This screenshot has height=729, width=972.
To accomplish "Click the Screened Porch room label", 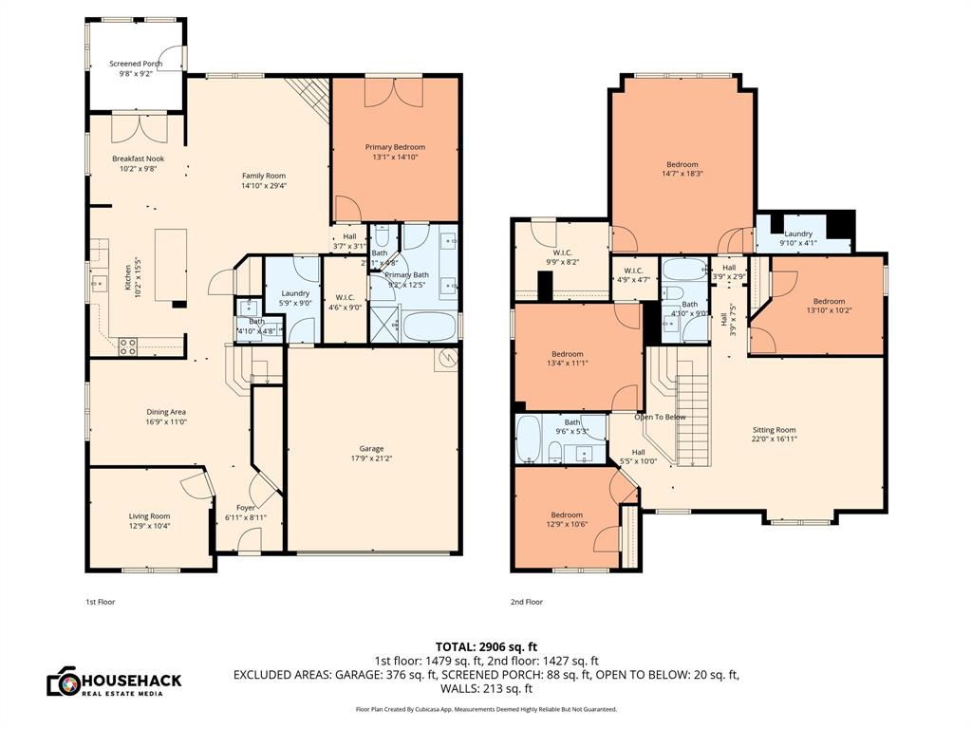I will click(136, 64).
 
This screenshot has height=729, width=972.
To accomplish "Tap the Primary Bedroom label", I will click(395, 147).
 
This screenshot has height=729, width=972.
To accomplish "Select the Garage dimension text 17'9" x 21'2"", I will click(372, 458).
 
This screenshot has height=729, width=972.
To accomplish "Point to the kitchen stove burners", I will click(128, 346).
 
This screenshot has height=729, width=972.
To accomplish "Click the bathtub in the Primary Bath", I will click(430, 326).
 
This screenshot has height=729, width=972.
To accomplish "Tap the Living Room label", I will click(149, 515).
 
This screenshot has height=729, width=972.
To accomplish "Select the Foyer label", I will click(246, 507).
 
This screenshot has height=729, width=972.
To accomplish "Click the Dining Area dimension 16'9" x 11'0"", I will click(166, 421).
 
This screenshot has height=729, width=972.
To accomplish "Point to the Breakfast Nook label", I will click(138, 159).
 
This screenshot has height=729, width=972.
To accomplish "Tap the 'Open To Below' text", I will click(660, 417).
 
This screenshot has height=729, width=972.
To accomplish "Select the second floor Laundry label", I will click(798, 233).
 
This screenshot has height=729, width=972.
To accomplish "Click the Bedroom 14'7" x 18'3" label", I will click(682, 164).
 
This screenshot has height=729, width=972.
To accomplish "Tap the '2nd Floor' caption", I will click(527, 602).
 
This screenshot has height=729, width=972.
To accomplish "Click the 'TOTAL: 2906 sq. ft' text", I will click(485, 645).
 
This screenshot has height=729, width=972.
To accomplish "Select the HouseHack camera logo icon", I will click(63, 681).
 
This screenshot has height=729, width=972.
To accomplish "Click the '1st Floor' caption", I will click(100, 602).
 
